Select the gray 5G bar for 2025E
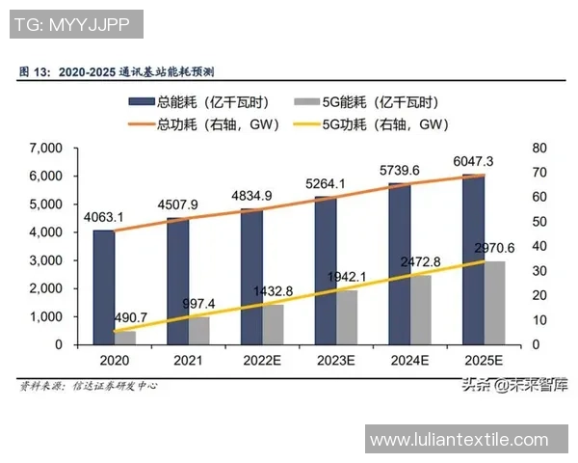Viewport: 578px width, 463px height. [x=493, y=303]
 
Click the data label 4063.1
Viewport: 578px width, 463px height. [x=103, y=217]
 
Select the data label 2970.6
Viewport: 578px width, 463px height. [x=494, y=248]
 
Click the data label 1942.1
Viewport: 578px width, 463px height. [x=346, y=277]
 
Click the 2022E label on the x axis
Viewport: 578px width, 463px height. [x=261, y=360]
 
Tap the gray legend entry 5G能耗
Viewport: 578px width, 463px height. [x=385, y=102]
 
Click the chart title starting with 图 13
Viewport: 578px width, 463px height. [x=117, y=71]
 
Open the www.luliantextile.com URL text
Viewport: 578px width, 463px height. [x=459, y=441]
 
